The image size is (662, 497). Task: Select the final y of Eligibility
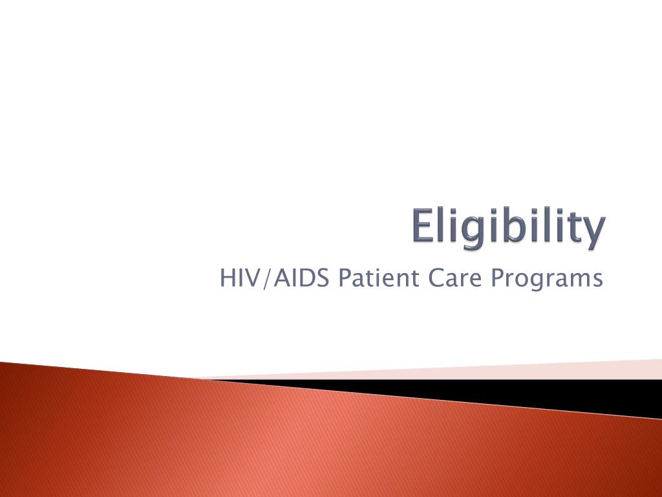click(x=594, y=232)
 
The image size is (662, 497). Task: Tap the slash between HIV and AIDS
click(x=266, y=279)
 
